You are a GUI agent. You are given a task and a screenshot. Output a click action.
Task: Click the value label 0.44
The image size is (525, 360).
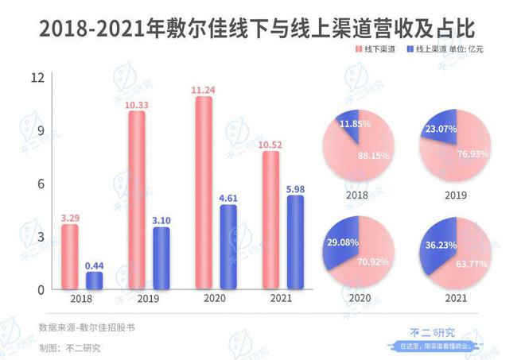pyautogui.click(x=95, y=265)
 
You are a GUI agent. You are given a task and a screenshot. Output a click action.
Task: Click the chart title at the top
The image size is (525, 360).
pyautogui.click(x=262, y=25)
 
